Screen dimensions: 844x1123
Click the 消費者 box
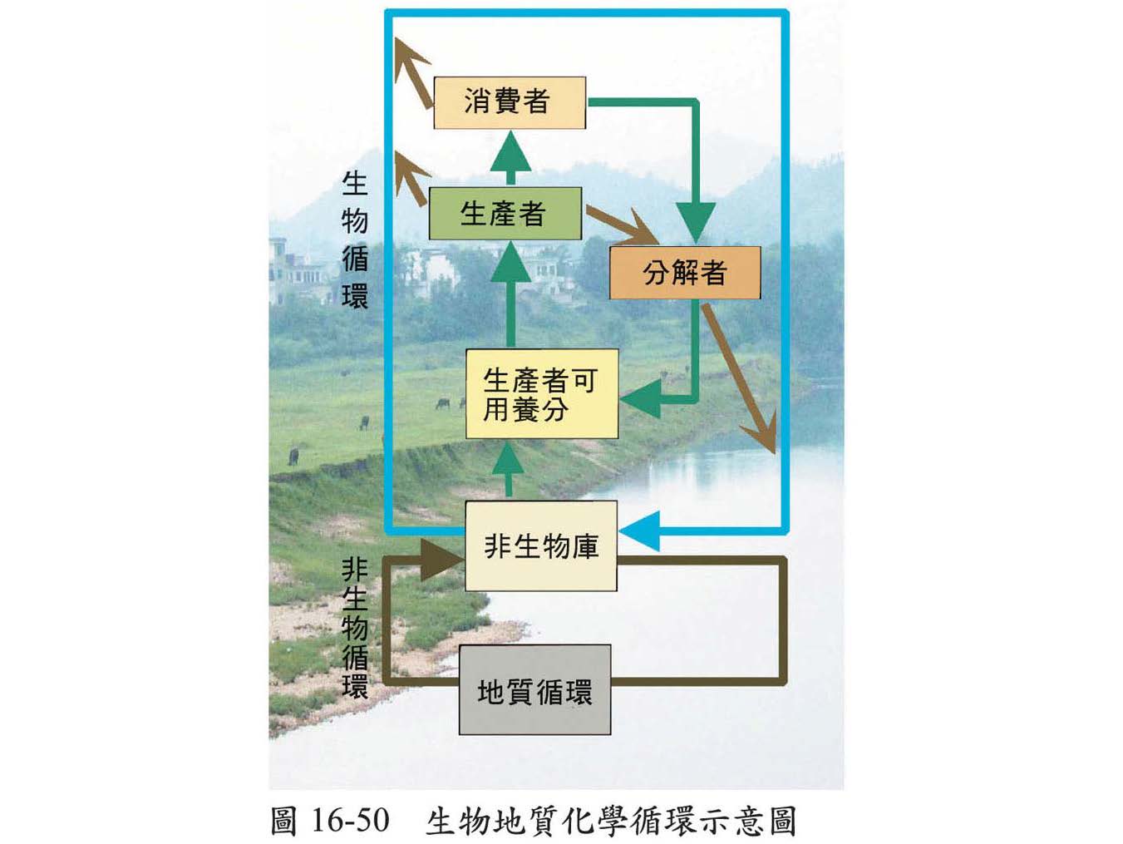(x=509, y=102)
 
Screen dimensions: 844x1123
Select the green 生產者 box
(x=504, y=213)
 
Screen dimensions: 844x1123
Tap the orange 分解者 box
(x=684, y=272)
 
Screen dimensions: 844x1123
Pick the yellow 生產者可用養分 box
(x=541, y=394)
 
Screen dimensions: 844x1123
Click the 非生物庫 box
(x=540, y=545)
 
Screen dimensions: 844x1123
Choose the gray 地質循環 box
(x=534, y=690)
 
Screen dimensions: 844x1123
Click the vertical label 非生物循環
(x=355, y=628)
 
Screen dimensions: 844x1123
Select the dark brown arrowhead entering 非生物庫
(x=439, y=560)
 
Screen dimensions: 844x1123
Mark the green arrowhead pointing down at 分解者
(x=696, y=222)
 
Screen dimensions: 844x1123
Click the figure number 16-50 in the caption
(x=350, y=820)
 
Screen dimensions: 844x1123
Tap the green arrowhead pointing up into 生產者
(x=510, y=261)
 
